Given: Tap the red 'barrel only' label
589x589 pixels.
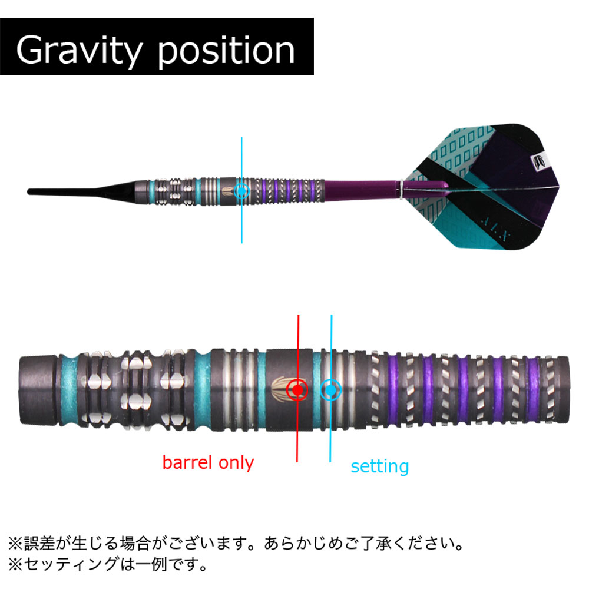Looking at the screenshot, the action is coord(208,462).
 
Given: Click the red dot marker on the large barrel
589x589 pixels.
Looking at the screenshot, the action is coord(297,390).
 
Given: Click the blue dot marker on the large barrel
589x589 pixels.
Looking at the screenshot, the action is coord(330,390).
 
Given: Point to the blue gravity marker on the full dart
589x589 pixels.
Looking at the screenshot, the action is coord(241,191).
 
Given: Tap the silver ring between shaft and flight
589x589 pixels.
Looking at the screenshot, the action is coord(401,189).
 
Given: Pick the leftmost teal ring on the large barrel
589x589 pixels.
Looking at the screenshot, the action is coord(69,390).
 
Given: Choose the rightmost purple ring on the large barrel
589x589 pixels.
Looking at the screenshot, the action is coord(533,390).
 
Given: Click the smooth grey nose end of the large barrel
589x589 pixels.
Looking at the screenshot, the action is coord(38,390).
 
